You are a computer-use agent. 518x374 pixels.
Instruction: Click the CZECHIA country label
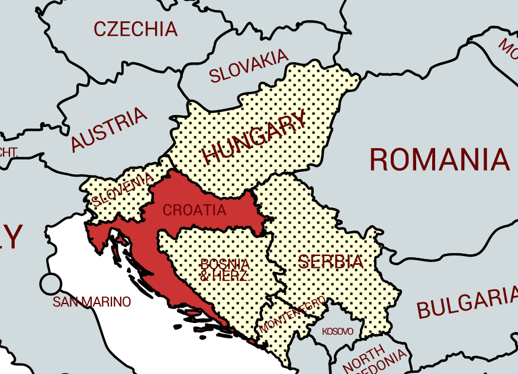pos(135,28)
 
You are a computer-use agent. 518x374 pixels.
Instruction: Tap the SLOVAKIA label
pos(249,66)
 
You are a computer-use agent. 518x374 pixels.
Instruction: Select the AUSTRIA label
pos(108,129)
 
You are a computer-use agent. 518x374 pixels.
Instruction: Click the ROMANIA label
pos(439,160)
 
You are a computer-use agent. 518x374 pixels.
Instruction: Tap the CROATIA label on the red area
pos(194,210)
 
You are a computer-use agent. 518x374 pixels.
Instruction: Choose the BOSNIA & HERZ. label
pos(225,270)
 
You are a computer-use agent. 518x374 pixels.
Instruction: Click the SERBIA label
pos(330,261)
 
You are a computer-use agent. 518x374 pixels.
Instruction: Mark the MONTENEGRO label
pos(292,314)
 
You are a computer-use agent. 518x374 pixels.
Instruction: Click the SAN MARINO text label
pos(92,302)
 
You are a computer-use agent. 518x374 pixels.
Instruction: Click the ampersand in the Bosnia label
pos(205,276)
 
